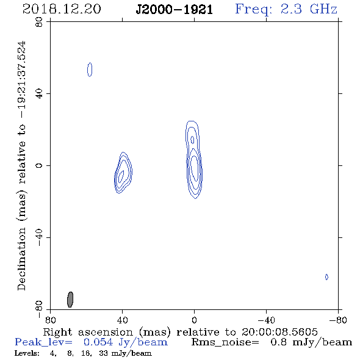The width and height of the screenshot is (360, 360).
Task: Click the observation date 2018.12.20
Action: tap(62, 9)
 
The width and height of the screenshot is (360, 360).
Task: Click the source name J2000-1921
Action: tap(175, 10)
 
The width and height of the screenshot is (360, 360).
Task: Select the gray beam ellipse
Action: tap(70, 300)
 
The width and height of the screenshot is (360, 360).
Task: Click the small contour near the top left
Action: tap(90, 70)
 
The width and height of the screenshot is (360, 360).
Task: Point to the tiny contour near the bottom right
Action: tap(326, 277)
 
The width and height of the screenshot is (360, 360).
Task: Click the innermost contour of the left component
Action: tap(121, 176)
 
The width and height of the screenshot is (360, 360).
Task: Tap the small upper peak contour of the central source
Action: tap(192, 140)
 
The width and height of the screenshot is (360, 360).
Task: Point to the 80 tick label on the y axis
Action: tap(40, 22)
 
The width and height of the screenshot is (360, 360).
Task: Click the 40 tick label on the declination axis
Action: tap(40, 94)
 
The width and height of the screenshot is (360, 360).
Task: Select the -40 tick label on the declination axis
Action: tap(40, 237)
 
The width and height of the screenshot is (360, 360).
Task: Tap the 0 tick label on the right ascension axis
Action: tap(194, 320)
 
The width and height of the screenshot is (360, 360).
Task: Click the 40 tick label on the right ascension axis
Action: tap(122, 320)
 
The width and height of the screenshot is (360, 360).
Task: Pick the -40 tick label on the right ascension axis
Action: tap(266, 320)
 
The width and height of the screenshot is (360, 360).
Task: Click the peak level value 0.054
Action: tap(98, 342)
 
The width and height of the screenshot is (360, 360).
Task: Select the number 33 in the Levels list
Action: tap(103, 353)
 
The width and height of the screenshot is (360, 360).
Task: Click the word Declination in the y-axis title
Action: tap(21, 259)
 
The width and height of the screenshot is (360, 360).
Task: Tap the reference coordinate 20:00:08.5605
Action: tap(279, 332)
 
